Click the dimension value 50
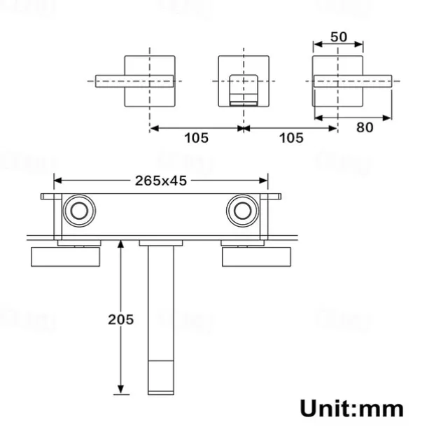click(339, 37)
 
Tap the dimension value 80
click(364, 129)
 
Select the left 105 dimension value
click(196, 138)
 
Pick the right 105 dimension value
click(291, 138)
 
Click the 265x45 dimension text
click(161, 180)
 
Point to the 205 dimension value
click(121, 319)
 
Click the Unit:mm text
click(351, 407)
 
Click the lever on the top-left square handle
click(133, 80)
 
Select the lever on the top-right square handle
click(353, 80)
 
